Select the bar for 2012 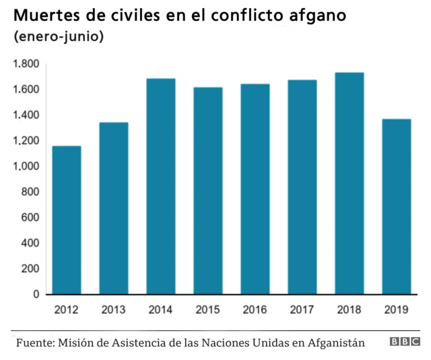pos(67,220)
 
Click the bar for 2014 pos(161,187)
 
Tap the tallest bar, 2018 pos(350,183)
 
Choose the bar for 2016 pos(255,189)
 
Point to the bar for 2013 pos(114,208)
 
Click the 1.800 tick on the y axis pos(26,64)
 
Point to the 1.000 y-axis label pos(26,167)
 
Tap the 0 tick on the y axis pos(36,295)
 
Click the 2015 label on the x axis pos(208,311)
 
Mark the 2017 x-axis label pos(302,311)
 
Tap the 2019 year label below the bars pos(397,311)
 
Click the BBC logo pos(404,342)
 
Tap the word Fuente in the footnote pos(35,342)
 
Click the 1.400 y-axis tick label pos(26,115)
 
